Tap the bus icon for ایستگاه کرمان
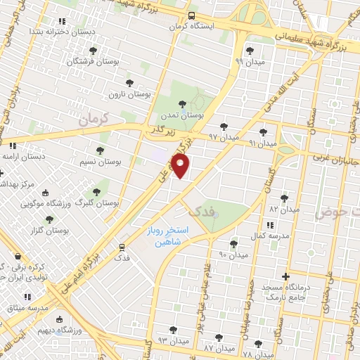point(192,16)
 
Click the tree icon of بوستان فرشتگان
point(93,50)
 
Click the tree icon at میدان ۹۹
point(250,50)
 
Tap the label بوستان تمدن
point(186,115)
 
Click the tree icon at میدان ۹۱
point(263,131)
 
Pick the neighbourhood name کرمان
point(96,120)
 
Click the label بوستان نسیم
point(100,162)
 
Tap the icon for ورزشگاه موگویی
point(46,193)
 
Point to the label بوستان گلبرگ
point(100,202)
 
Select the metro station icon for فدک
point(122,247)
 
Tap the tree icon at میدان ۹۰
point(233,244)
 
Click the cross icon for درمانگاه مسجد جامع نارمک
point(285,276)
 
